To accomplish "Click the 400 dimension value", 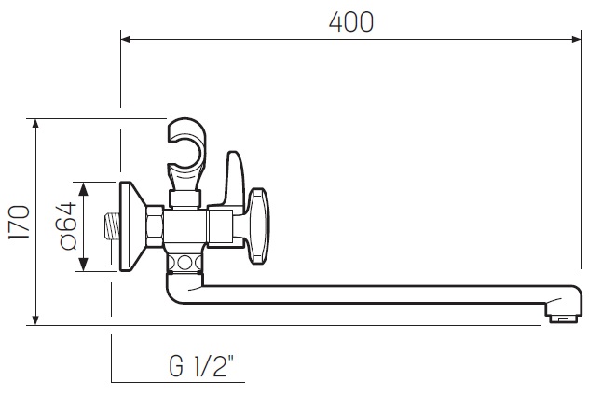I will click(x=351, y=22).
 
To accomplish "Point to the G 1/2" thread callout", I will click(x=207, y=365).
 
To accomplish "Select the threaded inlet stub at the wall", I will click(x=110, y=227).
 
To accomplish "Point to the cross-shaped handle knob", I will click(x=258, y=217).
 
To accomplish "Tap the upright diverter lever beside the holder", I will click(x=234, y=178).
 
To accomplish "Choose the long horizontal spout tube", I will click(x=373, y=295).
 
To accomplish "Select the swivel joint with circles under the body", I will click(x=185, y=262).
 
